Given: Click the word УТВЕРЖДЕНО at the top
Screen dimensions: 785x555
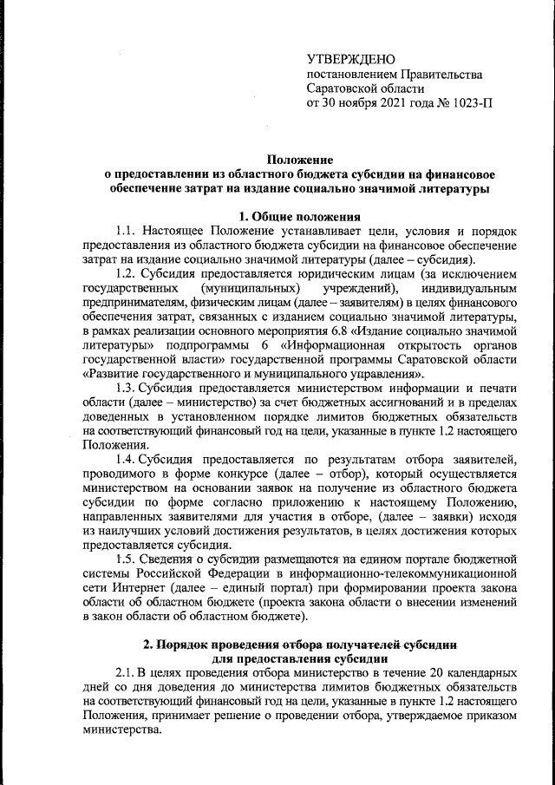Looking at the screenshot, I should pos(351,59).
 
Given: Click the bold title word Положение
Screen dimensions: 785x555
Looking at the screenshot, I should pos(298,159).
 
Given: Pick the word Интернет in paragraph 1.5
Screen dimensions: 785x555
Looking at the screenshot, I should pos(126,587).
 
